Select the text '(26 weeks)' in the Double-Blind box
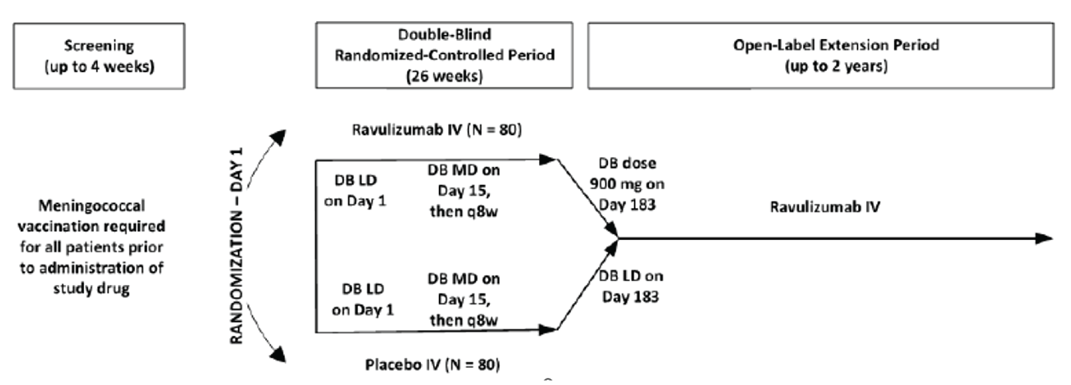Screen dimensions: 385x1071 pos(444,76)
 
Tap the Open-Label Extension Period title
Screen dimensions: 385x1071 pos(836,45)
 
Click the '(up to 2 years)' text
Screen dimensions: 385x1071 pos(836,66)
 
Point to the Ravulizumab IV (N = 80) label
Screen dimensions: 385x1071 pos(436,130)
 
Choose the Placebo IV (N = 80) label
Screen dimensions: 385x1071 pos(432,365)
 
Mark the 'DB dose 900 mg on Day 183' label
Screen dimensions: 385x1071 pos(627,184)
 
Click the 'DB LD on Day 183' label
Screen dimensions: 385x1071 pos(630,286)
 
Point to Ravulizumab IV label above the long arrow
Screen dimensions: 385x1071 pos(825,206)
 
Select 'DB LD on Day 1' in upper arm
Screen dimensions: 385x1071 pos(356,190)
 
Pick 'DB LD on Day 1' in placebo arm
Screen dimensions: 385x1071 pos(363,299)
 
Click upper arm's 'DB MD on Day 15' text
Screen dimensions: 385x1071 pos(463,181)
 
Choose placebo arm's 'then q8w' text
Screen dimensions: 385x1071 pos(463,320)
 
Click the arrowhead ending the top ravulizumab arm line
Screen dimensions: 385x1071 pos(547,159)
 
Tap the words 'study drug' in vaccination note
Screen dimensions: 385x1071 pos(91,288)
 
